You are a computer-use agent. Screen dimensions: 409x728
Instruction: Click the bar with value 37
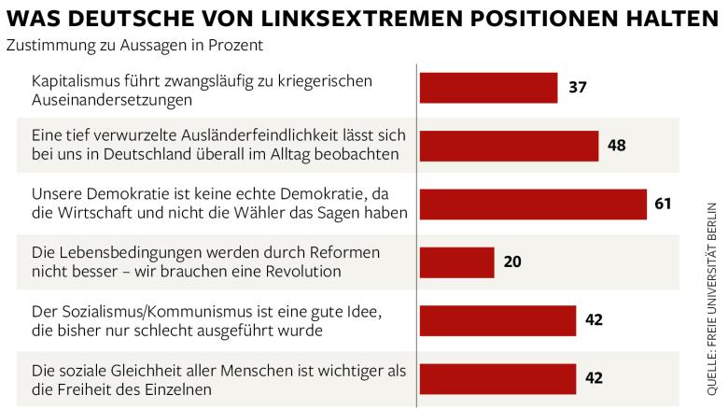point(488,88)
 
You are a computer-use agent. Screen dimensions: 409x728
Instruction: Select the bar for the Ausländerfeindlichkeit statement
point(509,146)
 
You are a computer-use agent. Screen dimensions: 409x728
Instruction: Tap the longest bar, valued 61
point(533,204)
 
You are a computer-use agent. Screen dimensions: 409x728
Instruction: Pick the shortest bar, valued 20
point(456,262)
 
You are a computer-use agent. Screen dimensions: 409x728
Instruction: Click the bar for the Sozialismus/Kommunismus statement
point(497,320)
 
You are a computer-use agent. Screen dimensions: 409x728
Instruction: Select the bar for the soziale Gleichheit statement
point(497,378)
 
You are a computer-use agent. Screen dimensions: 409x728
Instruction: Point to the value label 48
point(616,146)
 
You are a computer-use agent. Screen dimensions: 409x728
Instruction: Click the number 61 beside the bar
point(664,204)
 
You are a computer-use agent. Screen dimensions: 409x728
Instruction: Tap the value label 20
point(512,262)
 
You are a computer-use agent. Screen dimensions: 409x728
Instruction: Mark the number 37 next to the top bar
point(577,88)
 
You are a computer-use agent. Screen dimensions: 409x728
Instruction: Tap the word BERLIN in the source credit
point(712,219)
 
